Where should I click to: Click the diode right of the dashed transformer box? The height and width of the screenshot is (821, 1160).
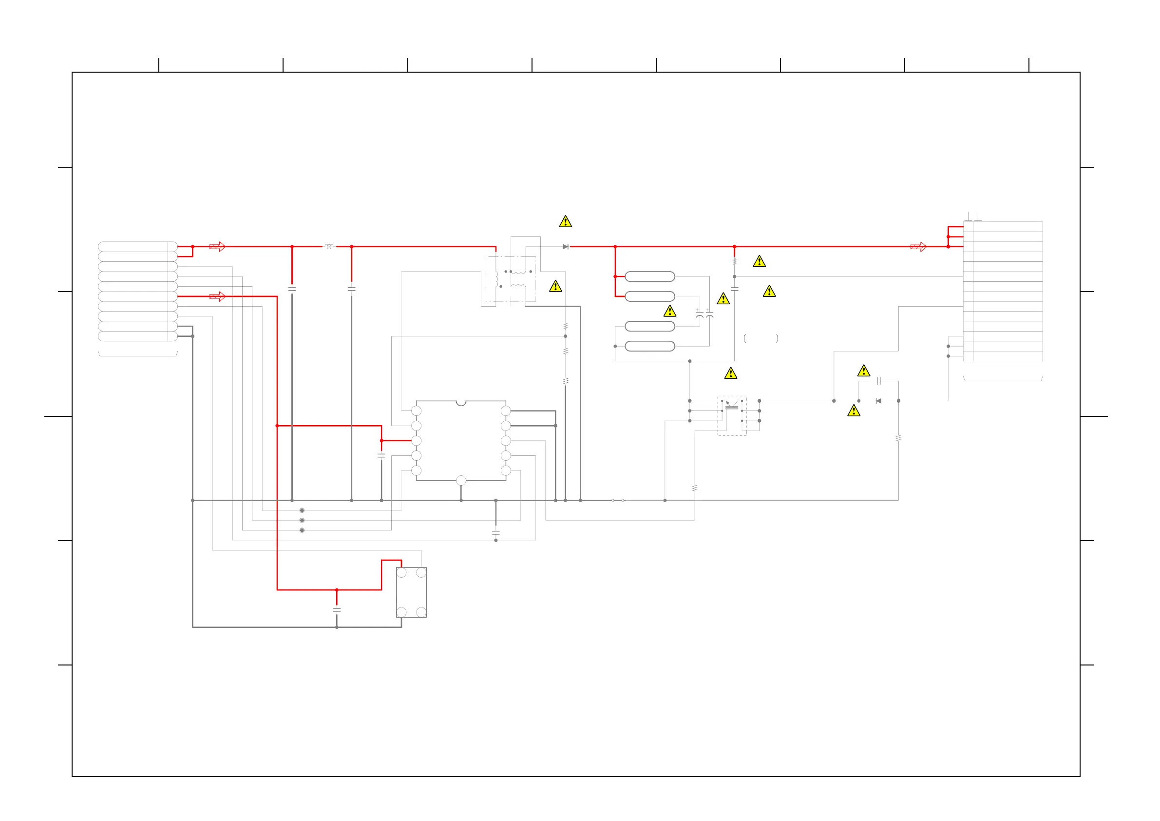pyautogui.click(x=565, y=247)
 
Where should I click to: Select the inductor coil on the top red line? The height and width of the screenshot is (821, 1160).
pyautogui.click(x=329, y=247)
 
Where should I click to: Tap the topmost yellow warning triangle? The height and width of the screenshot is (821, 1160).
pyautogui.click(x=565, y=221)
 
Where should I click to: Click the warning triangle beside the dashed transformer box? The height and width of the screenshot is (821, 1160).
pyautogui.click(x=555, y=287)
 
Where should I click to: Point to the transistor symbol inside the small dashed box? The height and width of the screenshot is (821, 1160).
pyautogui.click(x=732, y=405)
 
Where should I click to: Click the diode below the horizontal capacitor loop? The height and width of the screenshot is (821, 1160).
pyautogui.click(x=878, y=401)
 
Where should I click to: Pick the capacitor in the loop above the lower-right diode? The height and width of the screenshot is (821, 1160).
pyautogui.click(x=878, y=381)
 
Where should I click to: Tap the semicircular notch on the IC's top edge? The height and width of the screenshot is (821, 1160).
pyautogui.click(x=461, y=403)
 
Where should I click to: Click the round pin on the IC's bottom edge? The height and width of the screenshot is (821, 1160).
pyautogui.click(x=461, y=480)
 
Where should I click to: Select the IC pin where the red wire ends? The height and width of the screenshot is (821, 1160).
pyautogui.click(x=417, y=441)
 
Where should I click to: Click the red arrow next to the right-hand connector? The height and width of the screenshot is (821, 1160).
pyautogui.click(x=918, y=247)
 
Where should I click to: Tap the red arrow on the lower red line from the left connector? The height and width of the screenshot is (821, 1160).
pyautogui.click(x=217, y=296)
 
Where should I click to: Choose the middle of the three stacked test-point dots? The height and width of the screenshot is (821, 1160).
pyautogui.click(x=302, y=520)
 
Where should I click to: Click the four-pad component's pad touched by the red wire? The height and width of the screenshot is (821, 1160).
pyautogui.click(x=401, y=573)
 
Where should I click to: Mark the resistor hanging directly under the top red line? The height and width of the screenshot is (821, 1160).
pyautogui.click(x=734, y=261)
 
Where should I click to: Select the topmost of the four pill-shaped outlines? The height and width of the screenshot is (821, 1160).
pyautogui.click(x=650, y=276)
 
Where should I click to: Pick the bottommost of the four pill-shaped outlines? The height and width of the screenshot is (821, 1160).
pyautogui.click(x=650, y=346)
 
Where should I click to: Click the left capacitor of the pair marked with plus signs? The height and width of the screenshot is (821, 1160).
pyautogui.click(x=699, y=314)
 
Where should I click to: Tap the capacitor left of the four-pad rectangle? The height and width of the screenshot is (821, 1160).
pyautogui.click(x=337, y=610)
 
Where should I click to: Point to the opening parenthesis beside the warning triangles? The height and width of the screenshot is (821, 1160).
pyautogui.click(x=745, y=338)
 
